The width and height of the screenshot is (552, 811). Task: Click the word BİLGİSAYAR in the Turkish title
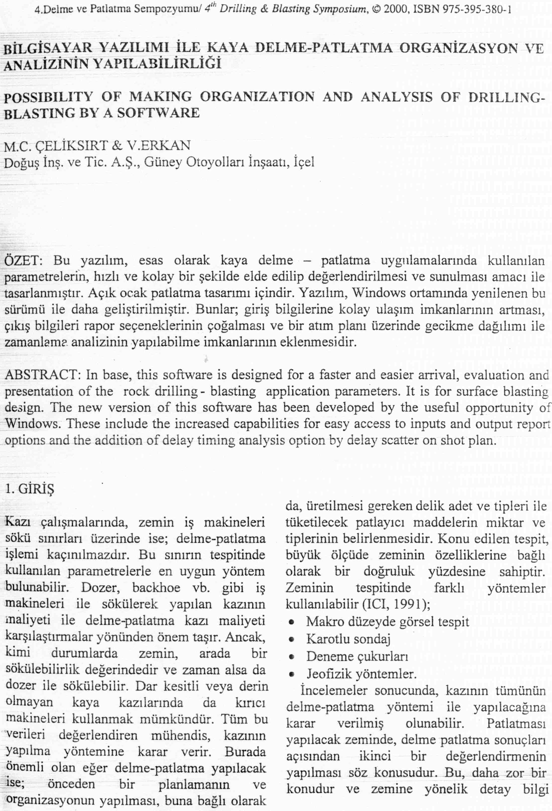(48, 48)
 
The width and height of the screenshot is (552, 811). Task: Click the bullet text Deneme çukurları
(357, 657)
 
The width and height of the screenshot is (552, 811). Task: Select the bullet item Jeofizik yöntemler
(362, 673)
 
